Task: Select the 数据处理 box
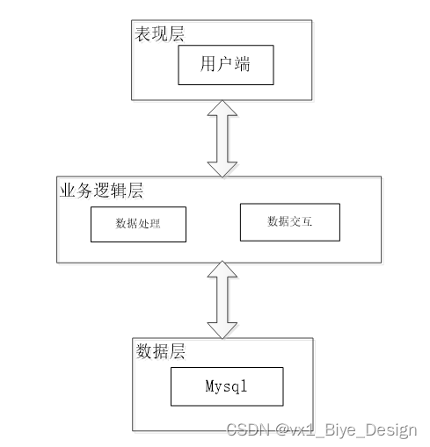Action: click(138, 223)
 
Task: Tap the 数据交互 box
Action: click(289, 222)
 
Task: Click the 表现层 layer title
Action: click(158, 34)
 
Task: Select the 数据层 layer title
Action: click(161, 351)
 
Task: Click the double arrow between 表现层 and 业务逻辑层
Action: click(221, 137)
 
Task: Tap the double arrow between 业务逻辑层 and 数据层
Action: click(221, 299)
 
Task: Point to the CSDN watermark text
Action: click(321, 429)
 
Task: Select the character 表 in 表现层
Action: click(142, 34)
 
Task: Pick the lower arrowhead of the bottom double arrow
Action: click(221, 329)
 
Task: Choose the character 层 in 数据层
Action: click(179, 351)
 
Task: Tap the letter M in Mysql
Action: click(209, 386)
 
